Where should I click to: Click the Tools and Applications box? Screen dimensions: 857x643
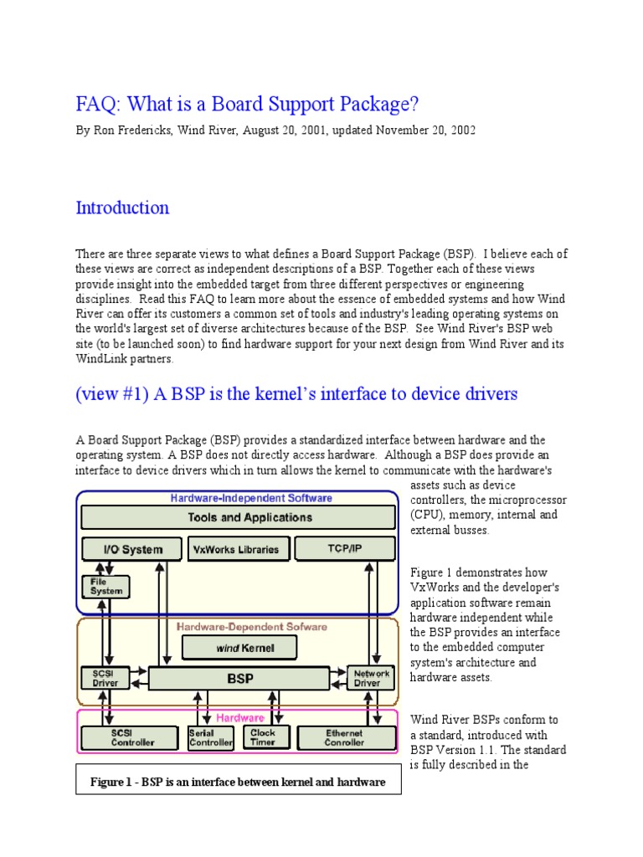tap(238, 517)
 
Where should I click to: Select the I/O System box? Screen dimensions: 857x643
tap(132, 549)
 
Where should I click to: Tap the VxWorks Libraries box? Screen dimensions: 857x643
tap(239, 549)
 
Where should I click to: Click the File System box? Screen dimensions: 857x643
tap(106, 586)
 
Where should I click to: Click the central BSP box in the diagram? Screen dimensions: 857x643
tap(239, 678)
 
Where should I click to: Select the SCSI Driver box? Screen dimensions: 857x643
tap(105, 677)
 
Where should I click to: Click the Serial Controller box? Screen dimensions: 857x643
tap(211, 736)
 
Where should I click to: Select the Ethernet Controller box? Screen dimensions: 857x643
tap(346, 736)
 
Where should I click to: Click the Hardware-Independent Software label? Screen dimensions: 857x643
tap(251, 497)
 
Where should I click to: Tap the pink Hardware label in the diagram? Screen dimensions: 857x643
tap(240, 717)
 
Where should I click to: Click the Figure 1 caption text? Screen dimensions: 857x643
tap(238, 783)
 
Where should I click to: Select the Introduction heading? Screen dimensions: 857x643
tap(122, 208)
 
